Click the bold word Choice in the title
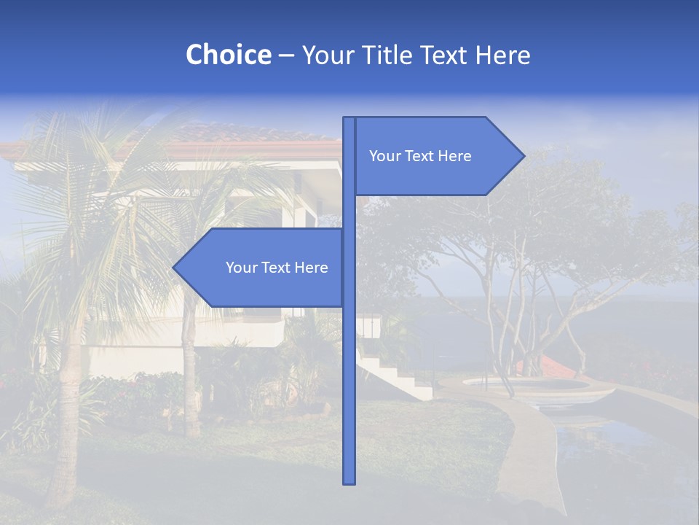228,55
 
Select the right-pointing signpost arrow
437,156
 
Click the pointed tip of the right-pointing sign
522,156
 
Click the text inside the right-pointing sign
420,156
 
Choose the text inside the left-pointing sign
277,268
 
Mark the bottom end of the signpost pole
349,481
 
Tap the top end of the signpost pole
349,120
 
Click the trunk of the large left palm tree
69,408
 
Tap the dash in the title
286,55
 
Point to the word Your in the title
325,55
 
